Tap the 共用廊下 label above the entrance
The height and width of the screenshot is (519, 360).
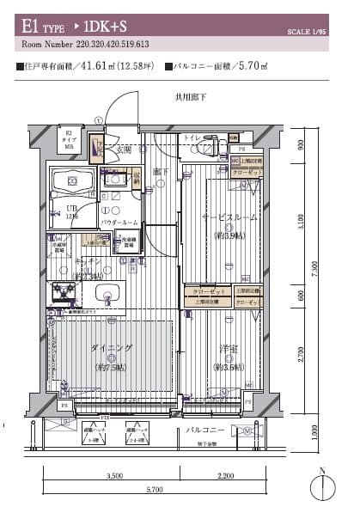coord(191,98)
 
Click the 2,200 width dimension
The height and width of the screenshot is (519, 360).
coord(226,475)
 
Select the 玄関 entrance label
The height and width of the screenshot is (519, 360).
coord(124,150)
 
